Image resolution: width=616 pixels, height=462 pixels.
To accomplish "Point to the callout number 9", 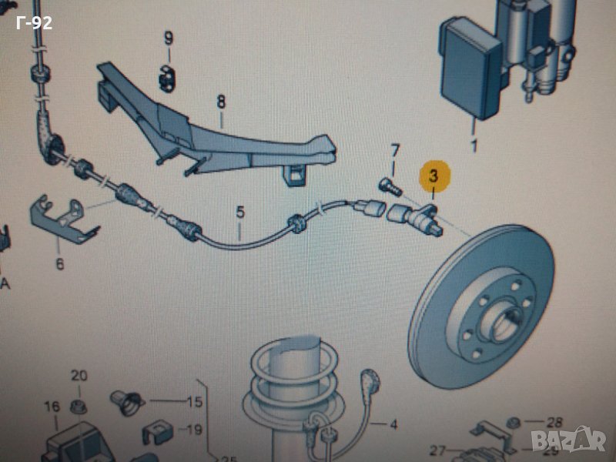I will tap(168, 38).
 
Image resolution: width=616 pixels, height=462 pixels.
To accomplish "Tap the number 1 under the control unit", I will tap(474, 145).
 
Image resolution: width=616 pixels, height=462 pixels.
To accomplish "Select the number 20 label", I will tap(79, 375).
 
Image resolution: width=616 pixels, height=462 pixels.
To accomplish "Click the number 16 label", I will tap(51, 406).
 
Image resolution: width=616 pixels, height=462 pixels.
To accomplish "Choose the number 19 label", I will tap(196, 430).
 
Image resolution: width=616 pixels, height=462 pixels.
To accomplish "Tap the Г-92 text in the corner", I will tap(34, 22).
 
